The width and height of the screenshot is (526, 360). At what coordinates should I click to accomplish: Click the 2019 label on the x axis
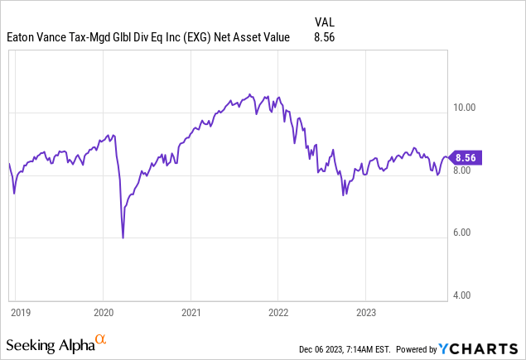click(x=20, y=313)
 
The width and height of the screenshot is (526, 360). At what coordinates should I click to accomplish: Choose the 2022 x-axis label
click(x=277, y=313)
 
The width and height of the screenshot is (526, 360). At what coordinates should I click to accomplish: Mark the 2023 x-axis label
click(x=365, y=313)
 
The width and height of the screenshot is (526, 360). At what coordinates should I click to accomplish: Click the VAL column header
click(x=326, y=21)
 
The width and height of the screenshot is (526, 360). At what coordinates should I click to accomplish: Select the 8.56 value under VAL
click(x=326, y=37)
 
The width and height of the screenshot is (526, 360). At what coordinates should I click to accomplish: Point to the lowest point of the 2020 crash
click(x=123, y=238)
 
